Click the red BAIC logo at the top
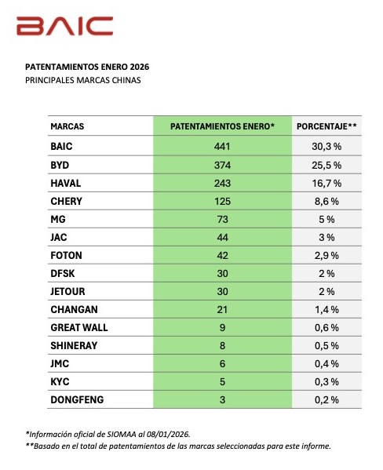(64, 26)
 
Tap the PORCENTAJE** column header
(326, 126)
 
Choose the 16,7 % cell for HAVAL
(326, 183)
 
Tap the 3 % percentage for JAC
(326, 237)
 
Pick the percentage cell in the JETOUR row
(326, 291)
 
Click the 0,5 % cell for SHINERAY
(326, 346)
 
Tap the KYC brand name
(60, 382)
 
